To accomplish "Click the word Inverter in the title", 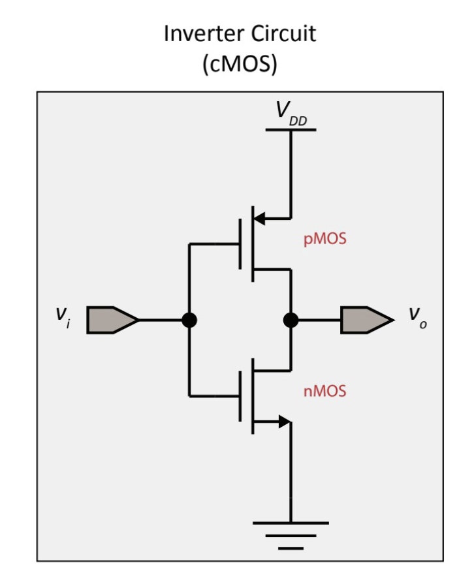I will tap(203, 34).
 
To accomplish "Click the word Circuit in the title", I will tap(283, 34).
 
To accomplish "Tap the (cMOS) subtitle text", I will tap(240, 65).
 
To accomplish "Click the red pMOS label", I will tap(324, 240).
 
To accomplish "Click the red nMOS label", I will tap(324, 392).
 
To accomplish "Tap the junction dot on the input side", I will tap(189, 320).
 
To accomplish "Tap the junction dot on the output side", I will tap(291, 320).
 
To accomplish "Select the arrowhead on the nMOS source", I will tap(283, 422).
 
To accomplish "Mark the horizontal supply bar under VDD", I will tap(291, 129).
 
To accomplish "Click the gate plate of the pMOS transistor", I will tap(241, 244).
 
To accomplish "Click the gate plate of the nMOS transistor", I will tap(241, 396).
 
